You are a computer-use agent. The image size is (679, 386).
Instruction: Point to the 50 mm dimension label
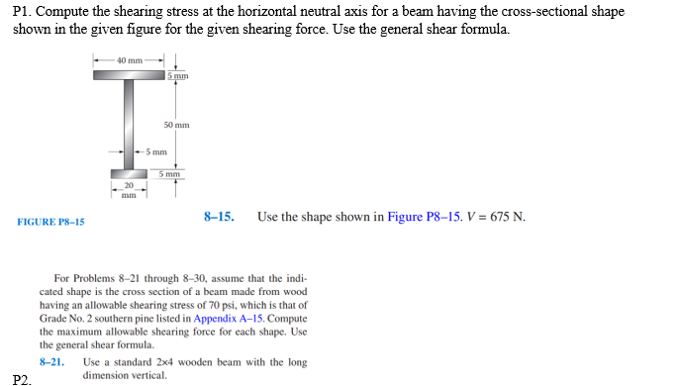[x=176, y=126]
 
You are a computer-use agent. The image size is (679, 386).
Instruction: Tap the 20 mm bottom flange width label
[x=128, y=189]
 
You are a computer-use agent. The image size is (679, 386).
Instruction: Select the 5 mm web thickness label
[x=154, y=152]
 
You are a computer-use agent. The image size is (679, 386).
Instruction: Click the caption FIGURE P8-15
[x=50, y=222]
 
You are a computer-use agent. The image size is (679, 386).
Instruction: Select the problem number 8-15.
[x=218, y=216]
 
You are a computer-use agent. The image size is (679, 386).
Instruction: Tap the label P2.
[x=22, y=378]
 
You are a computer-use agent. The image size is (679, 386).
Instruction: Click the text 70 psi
[x=229, y=306]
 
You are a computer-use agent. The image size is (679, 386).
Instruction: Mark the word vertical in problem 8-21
[x=147, y=375]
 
